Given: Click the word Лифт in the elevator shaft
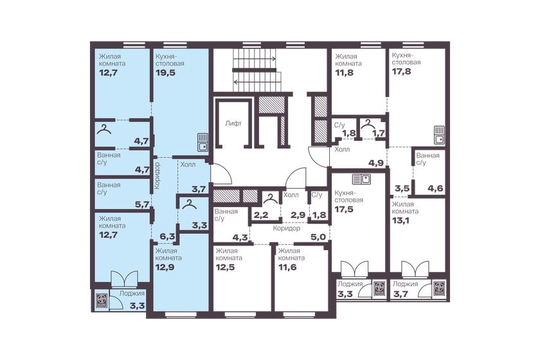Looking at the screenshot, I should coord(233,123).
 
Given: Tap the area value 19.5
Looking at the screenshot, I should coord(165,73).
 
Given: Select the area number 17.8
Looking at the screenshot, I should coord(401,72).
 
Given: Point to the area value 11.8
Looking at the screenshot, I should coord(345,73).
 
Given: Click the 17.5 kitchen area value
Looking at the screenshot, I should coord(345,209).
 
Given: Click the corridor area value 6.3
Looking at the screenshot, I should coord(168,237).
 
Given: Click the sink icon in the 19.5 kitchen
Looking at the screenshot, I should coord(203,141).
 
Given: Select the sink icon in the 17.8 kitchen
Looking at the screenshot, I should coord(440,134).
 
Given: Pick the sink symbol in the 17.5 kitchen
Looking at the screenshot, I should coord(359,179).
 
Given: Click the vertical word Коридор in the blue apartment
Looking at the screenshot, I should coord(157,175).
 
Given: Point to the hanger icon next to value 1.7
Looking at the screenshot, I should coord(368,124).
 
